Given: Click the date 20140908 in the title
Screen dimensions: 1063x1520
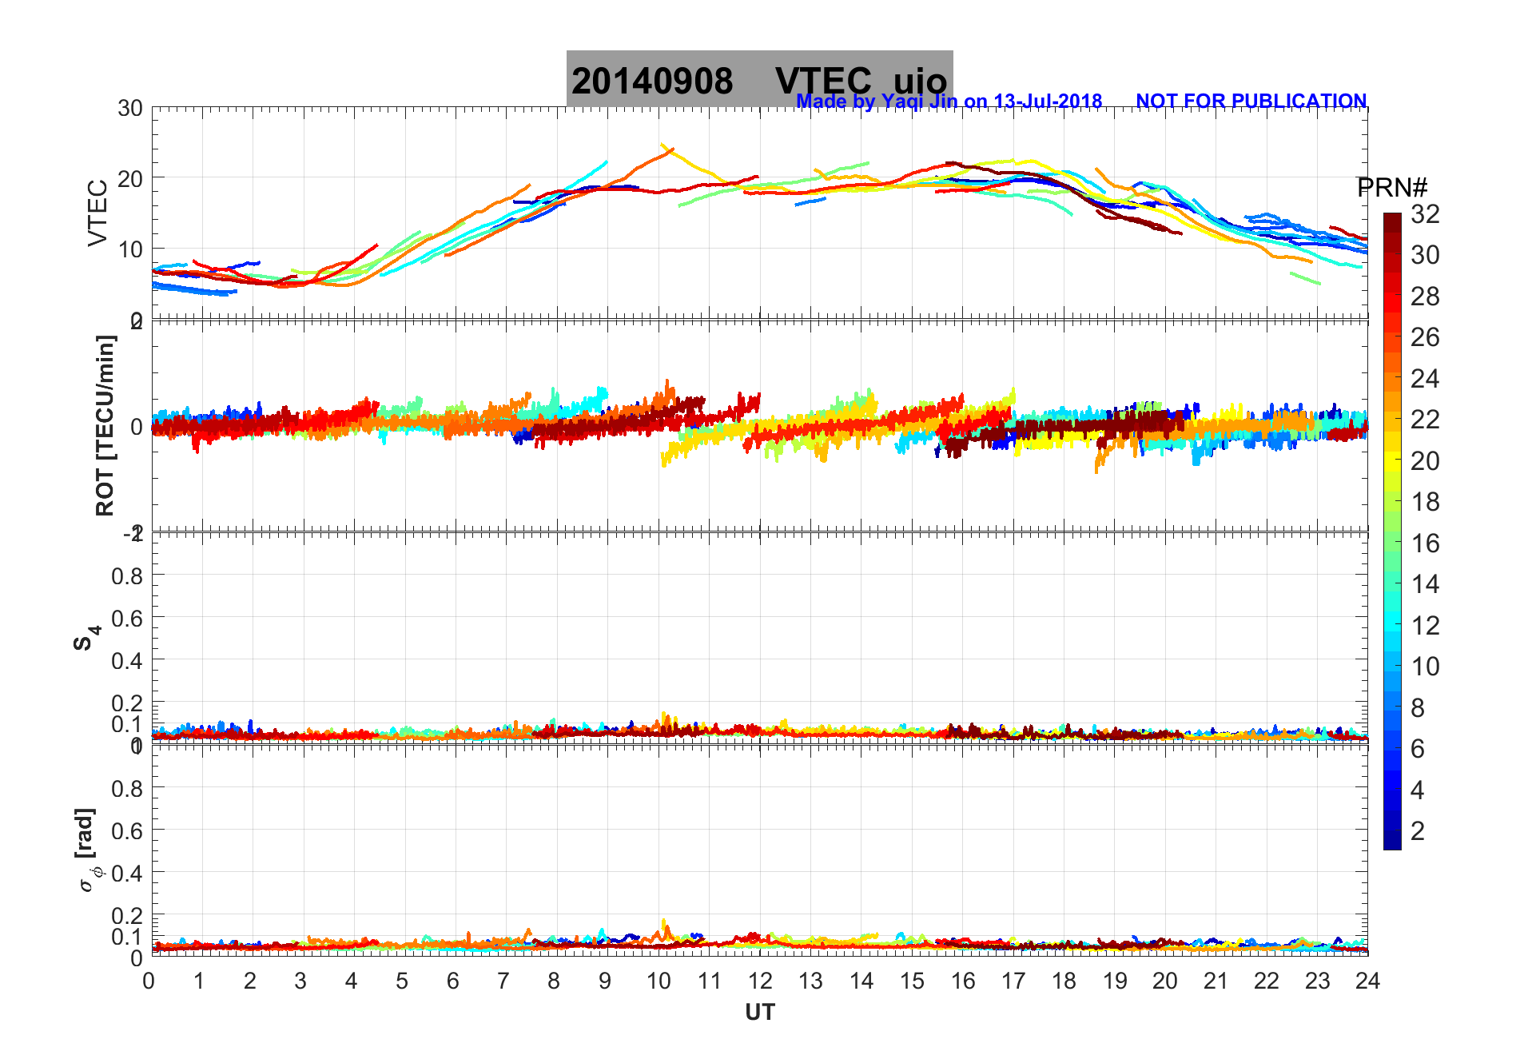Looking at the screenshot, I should pyautogui.click(x=652, y=82).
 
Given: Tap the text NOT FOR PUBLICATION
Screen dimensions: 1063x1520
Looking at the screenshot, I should pyautogui.click(x=1251, y=102).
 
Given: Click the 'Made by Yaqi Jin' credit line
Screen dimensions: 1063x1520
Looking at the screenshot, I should pyautogui.click(x=949, y=102).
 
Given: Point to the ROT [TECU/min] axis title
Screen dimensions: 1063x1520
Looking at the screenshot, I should pyautogui.click(x=105, y=425).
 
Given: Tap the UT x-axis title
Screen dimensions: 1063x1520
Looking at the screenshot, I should pyautogui.click(x=759, y=1013).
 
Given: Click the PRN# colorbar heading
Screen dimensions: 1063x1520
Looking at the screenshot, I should pyautogui.click(x=1391, y=188).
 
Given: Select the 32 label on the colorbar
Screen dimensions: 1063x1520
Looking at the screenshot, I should pyautogui.click(x=1425, y=213).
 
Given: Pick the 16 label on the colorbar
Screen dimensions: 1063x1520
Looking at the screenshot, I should pyautogui.click(x=1425, y=543).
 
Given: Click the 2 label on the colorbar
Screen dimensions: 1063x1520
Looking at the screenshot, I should pyautogui.click(x=1418, y=831).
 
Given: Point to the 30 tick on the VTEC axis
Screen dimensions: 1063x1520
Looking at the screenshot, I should pyautogui.click(x=130, y=109).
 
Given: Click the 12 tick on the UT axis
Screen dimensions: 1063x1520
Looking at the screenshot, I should pyautogui.click(x=759, y=981).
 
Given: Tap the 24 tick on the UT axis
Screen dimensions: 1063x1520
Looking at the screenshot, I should pyautogui.click(x=1367, y=981).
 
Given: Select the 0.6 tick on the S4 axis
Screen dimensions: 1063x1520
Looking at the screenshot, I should pyautogui.click(x=127, y=618).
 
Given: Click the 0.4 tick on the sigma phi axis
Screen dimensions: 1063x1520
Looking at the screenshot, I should pyautogui.click(x=127, y=873).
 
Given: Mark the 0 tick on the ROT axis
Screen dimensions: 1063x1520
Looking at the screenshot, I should pyautogui.click(x=137, y=427).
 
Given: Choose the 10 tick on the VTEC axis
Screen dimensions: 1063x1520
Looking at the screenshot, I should pyautogui.click(x=130, y=249).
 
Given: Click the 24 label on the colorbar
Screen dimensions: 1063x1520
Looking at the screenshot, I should pyautogui.click(x=1425, y=378).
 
